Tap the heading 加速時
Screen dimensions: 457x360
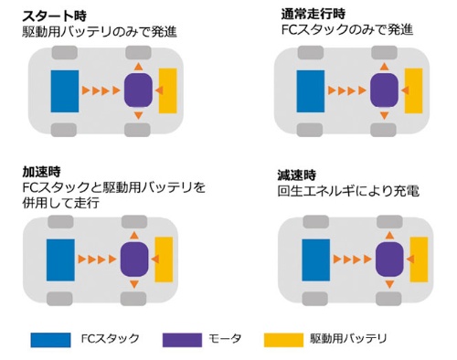coord(40,171)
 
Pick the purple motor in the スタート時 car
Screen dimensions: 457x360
coord(137,90)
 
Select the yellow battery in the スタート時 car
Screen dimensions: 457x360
coord(167,90)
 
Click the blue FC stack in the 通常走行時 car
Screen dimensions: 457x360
coord(312,90)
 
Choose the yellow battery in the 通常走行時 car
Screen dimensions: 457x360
coord(414,90)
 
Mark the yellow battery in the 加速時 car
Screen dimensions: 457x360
coord(165,259)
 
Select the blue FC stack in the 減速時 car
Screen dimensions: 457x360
coord(315,259)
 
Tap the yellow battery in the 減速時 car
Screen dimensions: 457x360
coord(420,259)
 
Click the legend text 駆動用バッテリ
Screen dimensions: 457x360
coord(349,339)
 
